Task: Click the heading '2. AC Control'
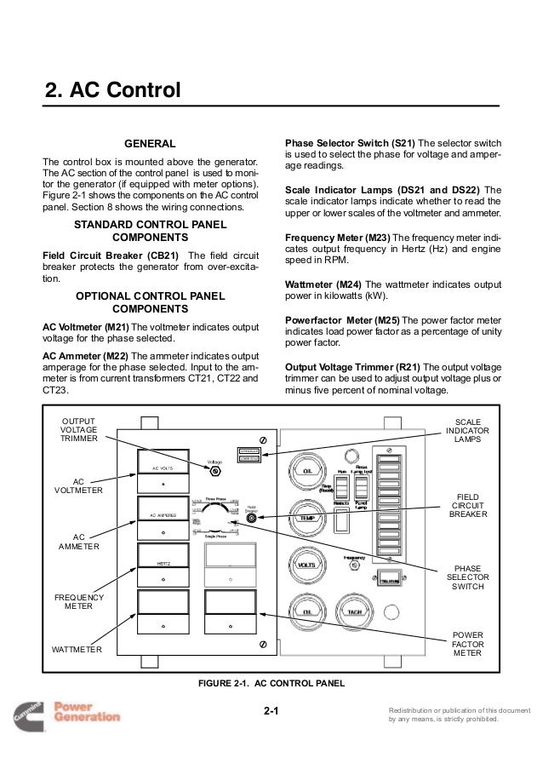112,90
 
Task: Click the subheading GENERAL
150,143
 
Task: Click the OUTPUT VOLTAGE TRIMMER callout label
77,430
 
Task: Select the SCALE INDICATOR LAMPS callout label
467,430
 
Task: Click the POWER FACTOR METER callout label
467,644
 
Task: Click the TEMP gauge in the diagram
308,517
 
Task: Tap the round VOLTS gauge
308,564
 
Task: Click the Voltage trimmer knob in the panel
215,471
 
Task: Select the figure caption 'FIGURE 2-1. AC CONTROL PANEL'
271,684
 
